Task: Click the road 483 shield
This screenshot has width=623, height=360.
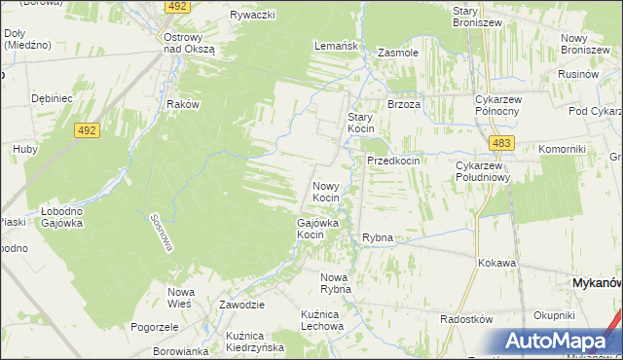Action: pos(501,143)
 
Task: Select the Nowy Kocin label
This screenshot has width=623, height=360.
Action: pos(326,191)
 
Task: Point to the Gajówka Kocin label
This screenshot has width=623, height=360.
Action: pos(317,229)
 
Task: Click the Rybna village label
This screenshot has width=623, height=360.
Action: pos(377,237)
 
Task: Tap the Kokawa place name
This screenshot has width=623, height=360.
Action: pos(496,263)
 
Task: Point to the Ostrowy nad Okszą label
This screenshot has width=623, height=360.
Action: pos(187,43)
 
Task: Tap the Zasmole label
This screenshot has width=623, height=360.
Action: pos(397,53)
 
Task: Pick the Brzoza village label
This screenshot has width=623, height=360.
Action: pos(404,104)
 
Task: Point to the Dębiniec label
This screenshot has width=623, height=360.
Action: pos(53,98)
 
